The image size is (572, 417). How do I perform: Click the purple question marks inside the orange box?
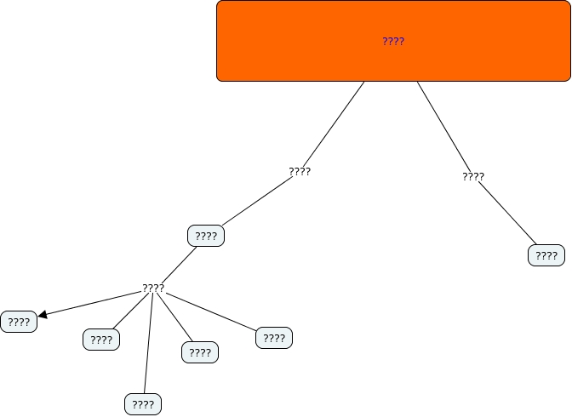pos(393,41)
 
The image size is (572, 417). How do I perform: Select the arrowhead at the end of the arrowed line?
pos(43,315)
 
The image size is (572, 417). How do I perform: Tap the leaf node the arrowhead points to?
pos(19,322)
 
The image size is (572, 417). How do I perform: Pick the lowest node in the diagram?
pos(143,404)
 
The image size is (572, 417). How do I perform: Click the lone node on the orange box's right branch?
pos(546,255)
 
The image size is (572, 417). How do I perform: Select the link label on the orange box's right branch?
pos(473,177)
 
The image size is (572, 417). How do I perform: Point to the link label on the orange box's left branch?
pos(300,171)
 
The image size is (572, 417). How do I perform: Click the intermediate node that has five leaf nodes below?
pos(206,236)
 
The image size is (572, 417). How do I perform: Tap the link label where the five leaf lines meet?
pos(153,288)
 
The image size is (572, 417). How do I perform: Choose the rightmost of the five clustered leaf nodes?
pos(274,338)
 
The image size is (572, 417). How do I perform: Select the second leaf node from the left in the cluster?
pos(101,340)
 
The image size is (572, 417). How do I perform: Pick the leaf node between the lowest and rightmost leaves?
pos(200,352)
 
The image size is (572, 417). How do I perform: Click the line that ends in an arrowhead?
pos(94,303)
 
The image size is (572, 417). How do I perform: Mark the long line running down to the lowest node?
pos(148,345)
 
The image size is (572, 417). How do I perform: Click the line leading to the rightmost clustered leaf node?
pos(213,311)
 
